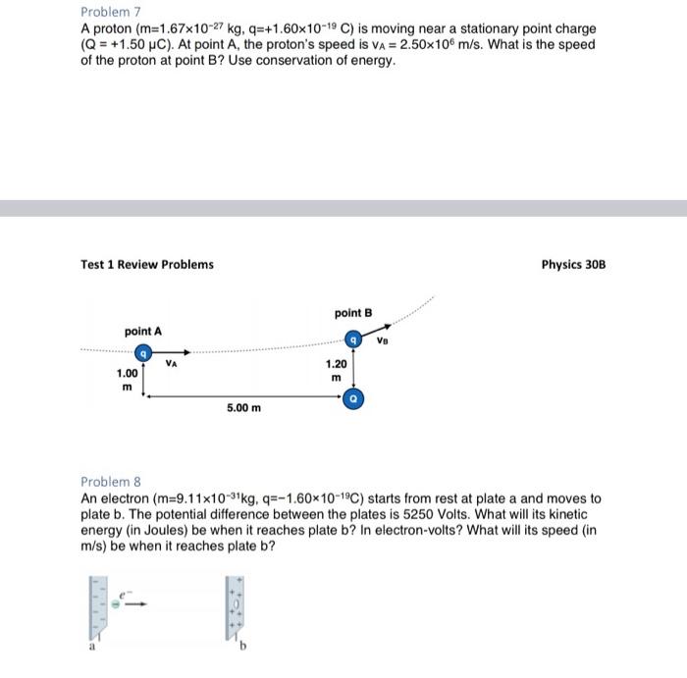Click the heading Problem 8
(111, 482)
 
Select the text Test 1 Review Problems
(146, 264)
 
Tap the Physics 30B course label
(573, 264)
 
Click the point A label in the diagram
(143, 332)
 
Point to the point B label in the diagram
(353, 313)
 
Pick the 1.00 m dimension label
(128, 380)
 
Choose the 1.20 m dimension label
(336, 370)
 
